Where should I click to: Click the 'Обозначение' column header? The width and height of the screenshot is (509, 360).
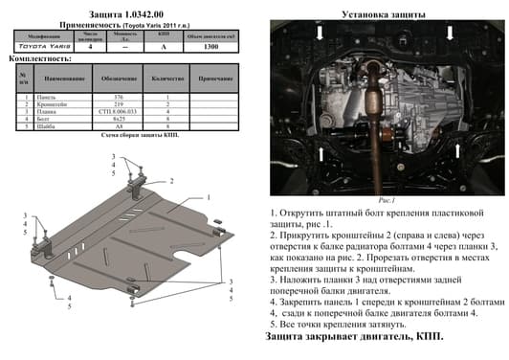point(120,78)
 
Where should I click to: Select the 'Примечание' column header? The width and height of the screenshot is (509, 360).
point(215,78)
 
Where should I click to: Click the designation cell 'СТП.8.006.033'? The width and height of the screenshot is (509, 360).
point(120,110)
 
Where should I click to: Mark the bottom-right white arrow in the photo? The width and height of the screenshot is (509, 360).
point(458,152)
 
